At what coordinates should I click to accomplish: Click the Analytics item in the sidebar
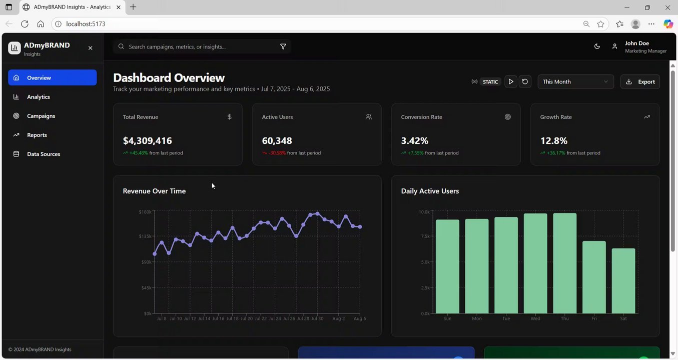39,97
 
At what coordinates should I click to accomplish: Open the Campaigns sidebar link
41,116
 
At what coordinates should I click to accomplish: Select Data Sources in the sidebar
44,154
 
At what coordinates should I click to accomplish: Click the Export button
640,81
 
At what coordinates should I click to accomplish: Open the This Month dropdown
575,81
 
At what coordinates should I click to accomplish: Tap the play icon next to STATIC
510,81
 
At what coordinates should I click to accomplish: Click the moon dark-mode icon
597,46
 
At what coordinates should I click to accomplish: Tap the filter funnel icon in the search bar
283,46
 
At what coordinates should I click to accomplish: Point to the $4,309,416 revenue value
147,141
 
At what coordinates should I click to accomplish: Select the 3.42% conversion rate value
414,141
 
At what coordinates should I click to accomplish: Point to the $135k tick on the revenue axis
145,236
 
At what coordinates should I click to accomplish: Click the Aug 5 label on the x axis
360,318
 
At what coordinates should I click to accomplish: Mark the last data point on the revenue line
360,227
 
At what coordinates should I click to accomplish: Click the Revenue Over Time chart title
154,191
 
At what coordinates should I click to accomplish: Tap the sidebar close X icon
90,48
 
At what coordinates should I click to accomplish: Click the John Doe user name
636,43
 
